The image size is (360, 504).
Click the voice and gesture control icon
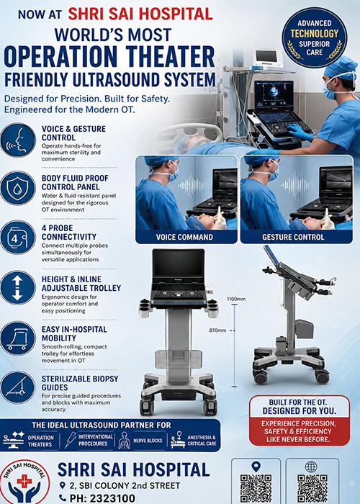tap(18, 140)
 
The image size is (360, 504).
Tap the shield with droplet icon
tap(18, 189)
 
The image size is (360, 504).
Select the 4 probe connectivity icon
tap(18, 238)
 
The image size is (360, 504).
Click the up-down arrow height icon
tap(18, 288)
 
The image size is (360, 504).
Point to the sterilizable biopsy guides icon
tap(18, 387)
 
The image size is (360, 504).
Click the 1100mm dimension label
tap(236, 299)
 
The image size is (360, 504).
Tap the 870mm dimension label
tap(217, 330)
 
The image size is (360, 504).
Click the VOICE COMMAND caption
tap(184, 237)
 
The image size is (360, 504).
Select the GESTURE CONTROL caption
tap(293, 237)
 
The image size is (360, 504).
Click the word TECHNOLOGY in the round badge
tap(315, 33)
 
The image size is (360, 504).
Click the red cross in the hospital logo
tap(23, 481)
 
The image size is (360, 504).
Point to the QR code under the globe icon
tap(312, 489)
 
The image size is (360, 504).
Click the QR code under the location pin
tap(256, 489)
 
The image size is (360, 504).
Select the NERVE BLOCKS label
tap(148, 441)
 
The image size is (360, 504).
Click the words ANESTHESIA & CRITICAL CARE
tap(202, 441)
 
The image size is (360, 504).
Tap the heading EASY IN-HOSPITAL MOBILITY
tap(74, 333)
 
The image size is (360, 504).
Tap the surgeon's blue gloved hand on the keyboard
tap(298, 132)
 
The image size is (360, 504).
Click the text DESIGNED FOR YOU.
tap(300, 411)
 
